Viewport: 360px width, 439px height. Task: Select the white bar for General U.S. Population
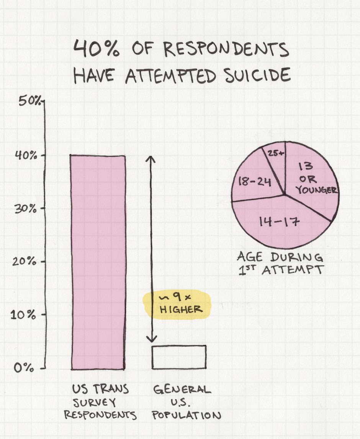[179, 357]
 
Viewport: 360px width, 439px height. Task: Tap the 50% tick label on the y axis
[29, 102]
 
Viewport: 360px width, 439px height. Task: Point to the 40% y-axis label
[27, 156]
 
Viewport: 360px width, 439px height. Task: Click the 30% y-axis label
[27, 209]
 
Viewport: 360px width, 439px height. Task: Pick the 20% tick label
[27, 262]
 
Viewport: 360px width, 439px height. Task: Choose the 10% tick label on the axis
[26, 315]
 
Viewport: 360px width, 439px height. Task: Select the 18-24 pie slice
[255, 180]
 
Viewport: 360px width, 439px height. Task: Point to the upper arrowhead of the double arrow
[152, 159]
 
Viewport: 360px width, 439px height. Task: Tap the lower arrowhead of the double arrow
[152, 339]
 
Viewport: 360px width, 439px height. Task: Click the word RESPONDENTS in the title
[226, 49]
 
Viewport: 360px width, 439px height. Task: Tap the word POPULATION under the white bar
[187, 415]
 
